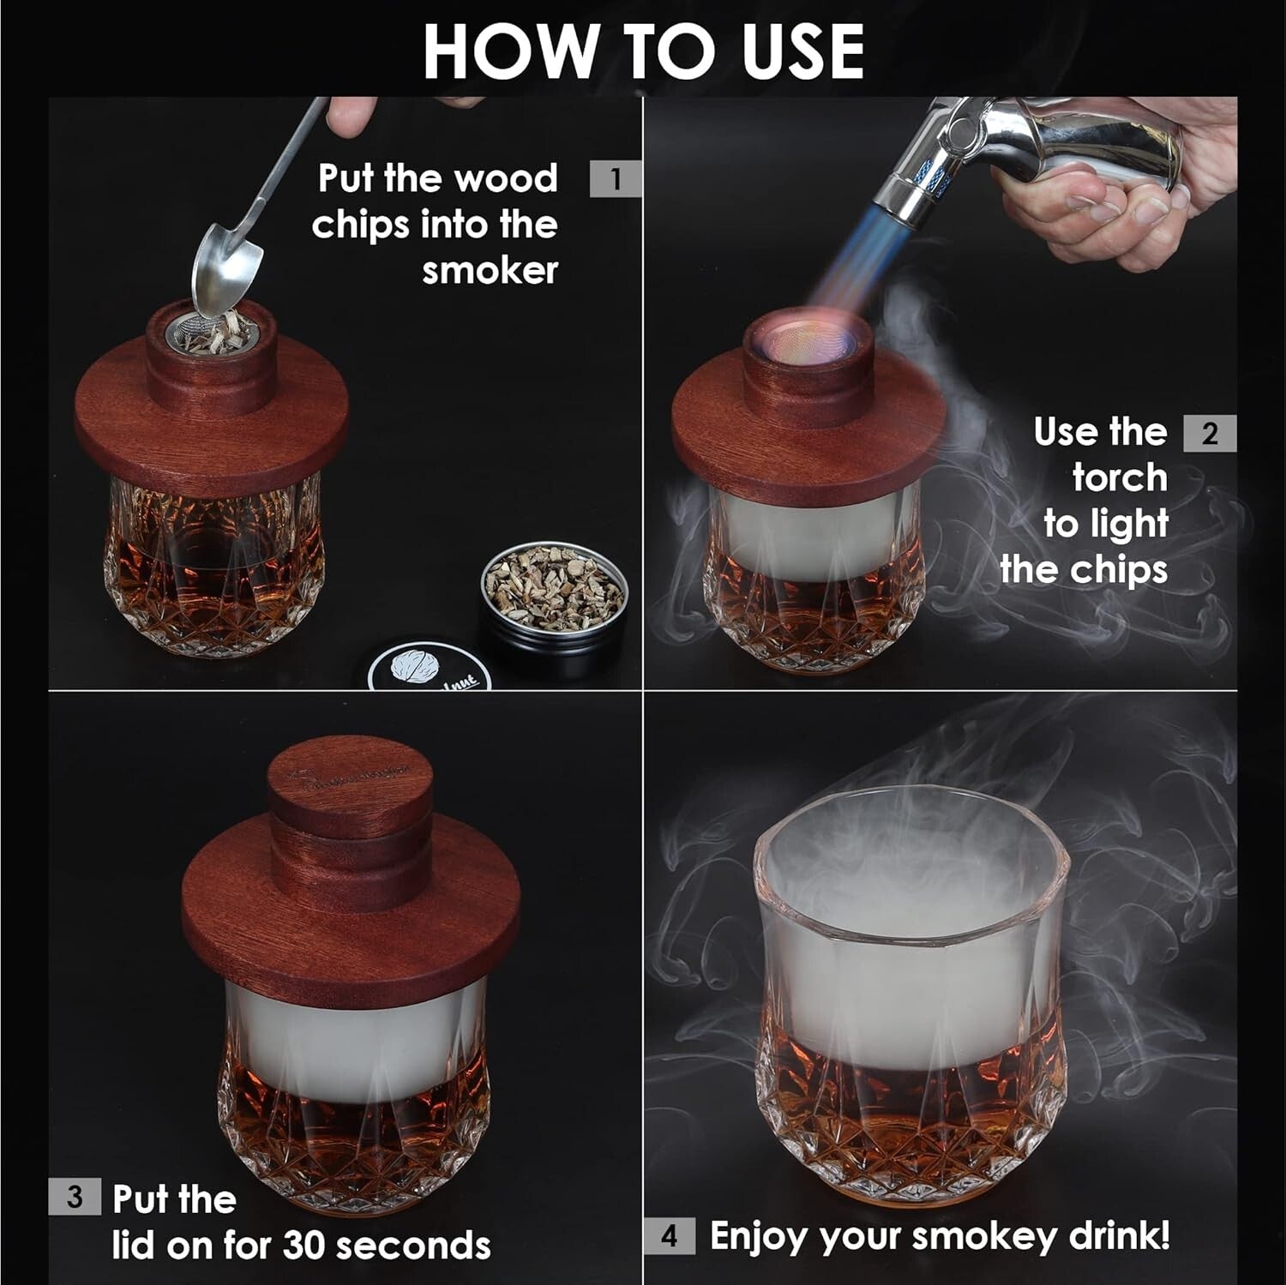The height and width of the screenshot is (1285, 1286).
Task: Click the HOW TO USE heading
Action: [x=643, y=51]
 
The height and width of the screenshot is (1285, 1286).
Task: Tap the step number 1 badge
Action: [x=615, y=179]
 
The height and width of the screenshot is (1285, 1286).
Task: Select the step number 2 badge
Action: [x=1209, y=433]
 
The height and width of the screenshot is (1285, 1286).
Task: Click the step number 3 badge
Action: [x=75, y=1196]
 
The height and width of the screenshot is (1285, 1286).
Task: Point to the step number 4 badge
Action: [x=669, y=1235]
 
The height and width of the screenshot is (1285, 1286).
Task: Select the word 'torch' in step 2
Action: [x=1120, y=477]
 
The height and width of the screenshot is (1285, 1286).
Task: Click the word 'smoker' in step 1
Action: [x=490, y=271]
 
